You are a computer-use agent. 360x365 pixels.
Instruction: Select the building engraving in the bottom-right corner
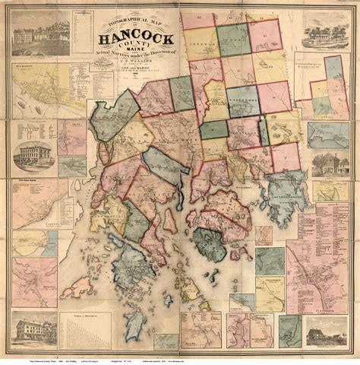(x=325, y=334)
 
